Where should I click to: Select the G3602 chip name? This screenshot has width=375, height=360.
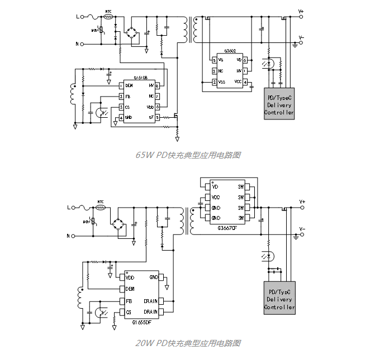click(x=230, y=51)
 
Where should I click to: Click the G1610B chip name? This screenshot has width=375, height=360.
click(x=140, y=79)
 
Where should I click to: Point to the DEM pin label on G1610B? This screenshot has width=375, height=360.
click(x=129, y=85)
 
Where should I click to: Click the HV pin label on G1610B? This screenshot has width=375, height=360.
click(x=151, y=85)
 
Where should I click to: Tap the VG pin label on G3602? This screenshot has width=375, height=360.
click(x=221, y=60)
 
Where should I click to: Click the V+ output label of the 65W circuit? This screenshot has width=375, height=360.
click(x=301, y=11)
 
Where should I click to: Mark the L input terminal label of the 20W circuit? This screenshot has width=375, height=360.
click(x=70, y=208)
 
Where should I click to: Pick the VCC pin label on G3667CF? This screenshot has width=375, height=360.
click(x=216, y=197)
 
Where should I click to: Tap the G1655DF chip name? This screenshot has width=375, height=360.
click(x=141, y=322)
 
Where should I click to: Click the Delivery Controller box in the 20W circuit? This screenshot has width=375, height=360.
click(x=279, y=299)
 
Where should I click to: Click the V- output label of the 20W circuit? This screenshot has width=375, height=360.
click(x=302, y=229)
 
